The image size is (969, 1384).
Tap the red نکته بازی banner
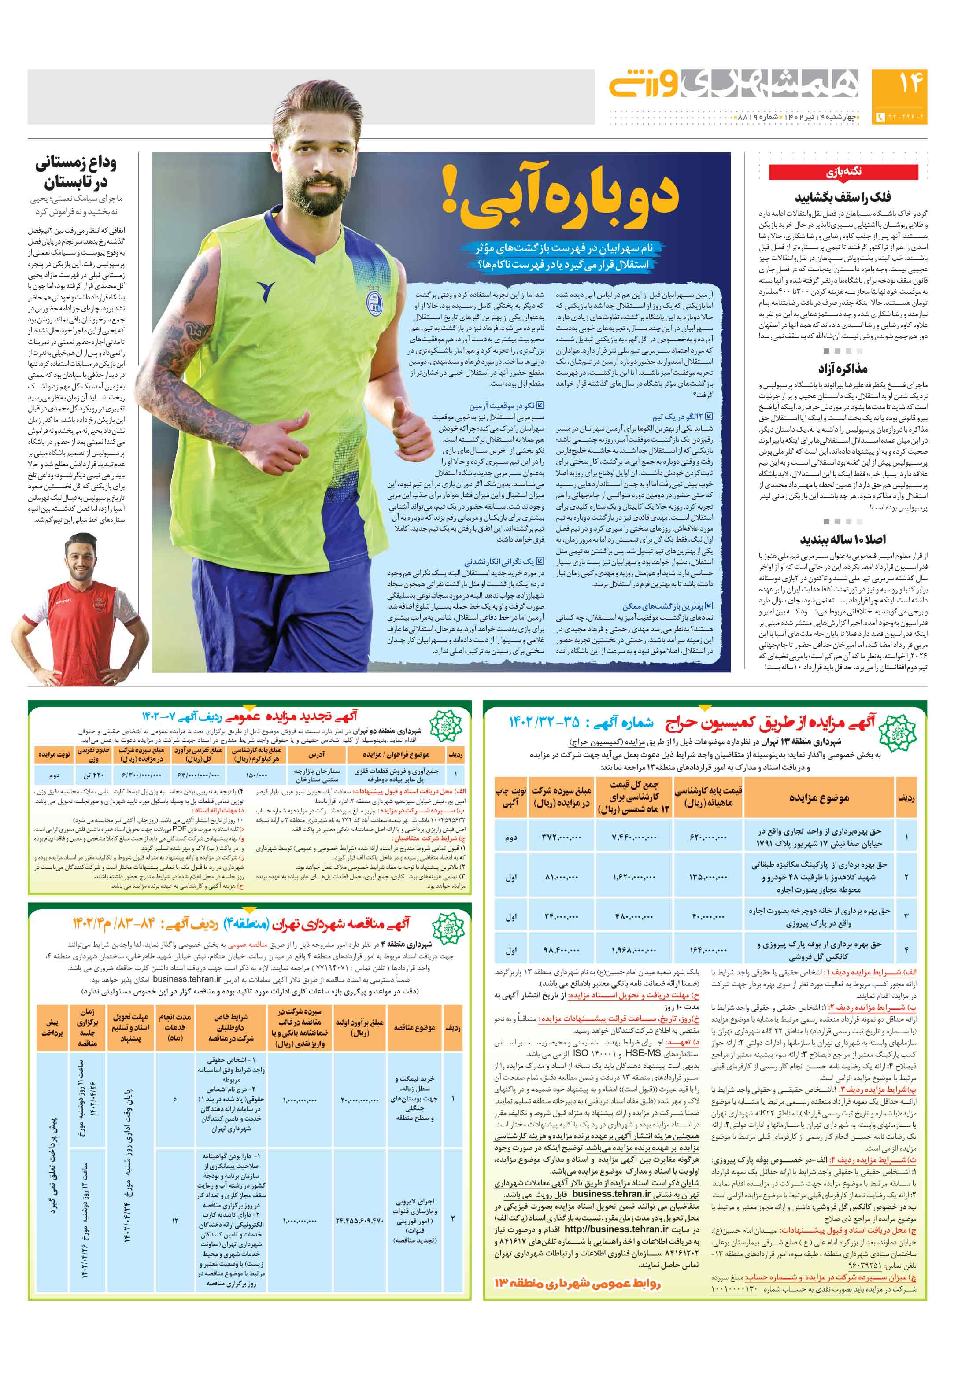click(843, 172)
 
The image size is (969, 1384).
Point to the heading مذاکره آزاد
click(843, 368)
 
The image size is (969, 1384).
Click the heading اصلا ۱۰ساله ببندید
click(843, 539)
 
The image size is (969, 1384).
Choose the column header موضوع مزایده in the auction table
click(818, 797)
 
